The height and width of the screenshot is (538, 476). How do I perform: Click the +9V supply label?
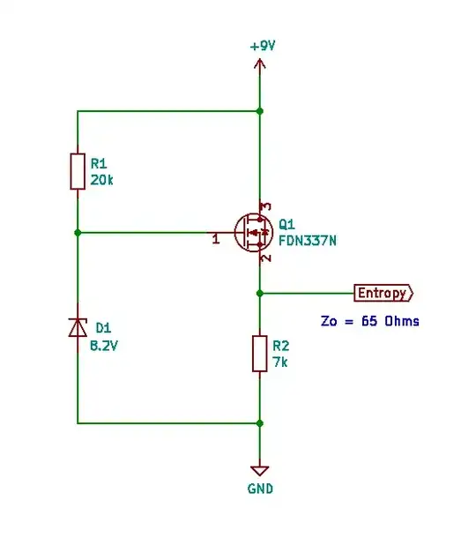click(x=263, y=45)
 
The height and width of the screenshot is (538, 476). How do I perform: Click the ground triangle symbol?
click(x=259, y=470)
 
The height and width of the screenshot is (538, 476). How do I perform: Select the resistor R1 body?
click(x=78, y=171)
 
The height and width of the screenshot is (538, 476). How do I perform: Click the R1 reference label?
click(x=99, y=162)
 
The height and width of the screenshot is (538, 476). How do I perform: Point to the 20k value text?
click(x=102, y=179)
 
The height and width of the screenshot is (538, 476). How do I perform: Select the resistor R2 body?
click(x=259, y=353)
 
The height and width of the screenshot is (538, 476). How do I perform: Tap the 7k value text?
click(x=280, y=361)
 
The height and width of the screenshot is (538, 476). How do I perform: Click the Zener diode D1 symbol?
click(x=78, y=327)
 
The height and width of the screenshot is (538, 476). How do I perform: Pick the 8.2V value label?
click(x=104, y=346)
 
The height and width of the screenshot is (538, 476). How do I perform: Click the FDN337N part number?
click(x=308, y=239)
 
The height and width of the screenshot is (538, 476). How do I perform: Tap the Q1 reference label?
click(x=286, y=223)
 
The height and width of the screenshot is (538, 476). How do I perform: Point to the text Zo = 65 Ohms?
click(x=369, y=321)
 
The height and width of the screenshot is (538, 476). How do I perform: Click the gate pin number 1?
click(x=216, y=239)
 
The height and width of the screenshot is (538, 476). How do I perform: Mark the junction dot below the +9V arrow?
click(x=259, y=111)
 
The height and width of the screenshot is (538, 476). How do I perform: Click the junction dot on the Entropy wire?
click(x=259, y=293)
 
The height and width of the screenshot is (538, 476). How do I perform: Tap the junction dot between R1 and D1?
click(x=78, y=233)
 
